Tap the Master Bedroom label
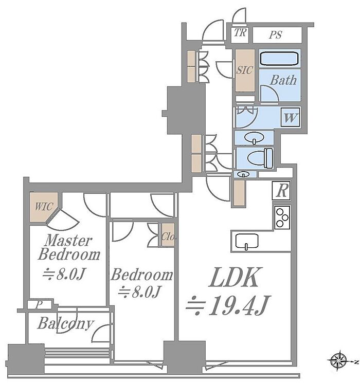(68, 247)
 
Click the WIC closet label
(43, 207)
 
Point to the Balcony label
(65, 324)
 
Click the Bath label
(283, 80)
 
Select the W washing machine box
(291, 117)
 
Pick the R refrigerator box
(281, 191)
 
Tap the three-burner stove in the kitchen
(282, 217)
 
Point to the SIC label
(244, 70)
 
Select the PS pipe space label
(276, 35)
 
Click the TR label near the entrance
(240, 34)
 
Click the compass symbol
(339, 359)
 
